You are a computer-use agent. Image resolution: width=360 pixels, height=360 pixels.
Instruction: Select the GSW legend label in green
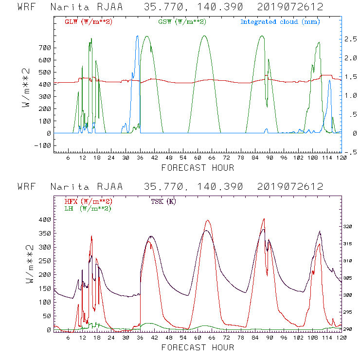click(182, 22)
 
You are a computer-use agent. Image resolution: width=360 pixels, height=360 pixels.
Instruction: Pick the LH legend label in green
click(88, 208)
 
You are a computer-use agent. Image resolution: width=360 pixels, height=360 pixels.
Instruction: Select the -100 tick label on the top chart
click(43, 145)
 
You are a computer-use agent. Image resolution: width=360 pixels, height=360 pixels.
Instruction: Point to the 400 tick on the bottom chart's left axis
click(45, 220)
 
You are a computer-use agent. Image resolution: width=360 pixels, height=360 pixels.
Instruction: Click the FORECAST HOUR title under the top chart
click(198, 168)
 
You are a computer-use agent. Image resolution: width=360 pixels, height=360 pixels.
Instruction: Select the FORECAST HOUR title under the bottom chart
click(198, 347)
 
